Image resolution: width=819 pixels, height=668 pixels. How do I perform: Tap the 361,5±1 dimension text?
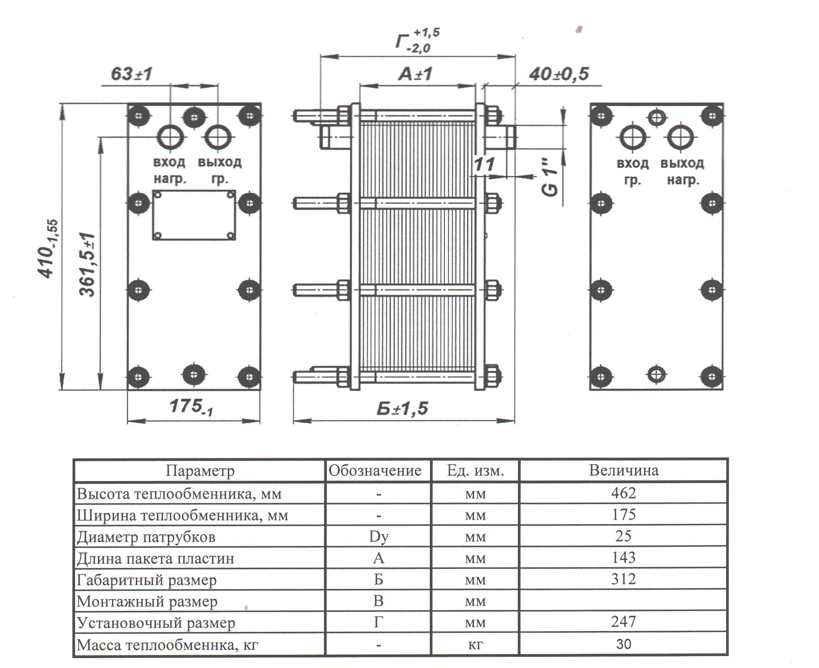coord(88,265)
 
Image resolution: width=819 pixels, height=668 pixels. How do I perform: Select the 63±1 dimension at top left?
coord(132,74)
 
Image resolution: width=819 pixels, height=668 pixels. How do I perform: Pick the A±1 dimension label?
coord(415,74)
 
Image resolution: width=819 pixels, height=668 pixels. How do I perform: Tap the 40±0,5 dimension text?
coord(559,74)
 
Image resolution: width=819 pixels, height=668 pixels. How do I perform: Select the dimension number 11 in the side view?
coord(484,165)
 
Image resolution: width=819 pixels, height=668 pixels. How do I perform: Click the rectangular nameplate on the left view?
coord(194,215)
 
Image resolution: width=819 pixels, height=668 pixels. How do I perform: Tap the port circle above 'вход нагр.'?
coord(171,137)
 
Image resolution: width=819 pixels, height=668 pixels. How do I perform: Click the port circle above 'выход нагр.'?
coord(680,137)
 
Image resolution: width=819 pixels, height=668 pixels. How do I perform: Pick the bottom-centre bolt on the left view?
coord(194,374)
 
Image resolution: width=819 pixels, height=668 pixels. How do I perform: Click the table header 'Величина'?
coord(624,470)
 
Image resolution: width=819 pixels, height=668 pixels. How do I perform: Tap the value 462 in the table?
coord(624,493)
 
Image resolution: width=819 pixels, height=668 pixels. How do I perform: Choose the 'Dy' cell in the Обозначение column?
coord(378,536)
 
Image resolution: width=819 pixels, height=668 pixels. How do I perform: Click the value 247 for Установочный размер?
coord(624,622)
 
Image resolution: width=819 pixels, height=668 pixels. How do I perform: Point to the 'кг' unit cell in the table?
coord(475,644)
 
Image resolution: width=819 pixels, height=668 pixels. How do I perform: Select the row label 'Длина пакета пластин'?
coord(155,558)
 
